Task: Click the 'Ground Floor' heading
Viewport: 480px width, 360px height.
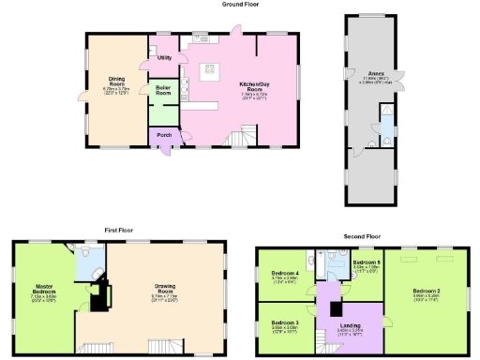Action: pyautogui.click(x=240, y=5)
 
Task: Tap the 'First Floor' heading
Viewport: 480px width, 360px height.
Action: pyautogui.click(x=118, y=230)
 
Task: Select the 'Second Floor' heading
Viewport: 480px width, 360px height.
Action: pyautogui.click(x=361, y=236)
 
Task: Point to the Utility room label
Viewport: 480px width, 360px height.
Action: pyautogui.click(x=164, y=58)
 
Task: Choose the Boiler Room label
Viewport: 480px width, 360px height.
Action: pyautogui.click(x=163, y=91)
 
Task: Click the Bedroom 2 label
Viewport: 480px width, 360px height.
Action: pyautogui.click(x=427, y=292)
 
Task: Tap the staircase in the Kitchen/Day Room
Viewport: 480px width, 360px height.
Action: pyautogui.click(x=241, y=139)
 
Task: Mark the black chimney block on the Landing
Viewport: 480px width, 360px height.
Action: pyautogui.click(x=335, y=308)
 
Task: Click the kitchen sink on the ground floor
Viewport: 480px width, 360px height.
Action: pyautogui.click(x=200, y=38)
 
